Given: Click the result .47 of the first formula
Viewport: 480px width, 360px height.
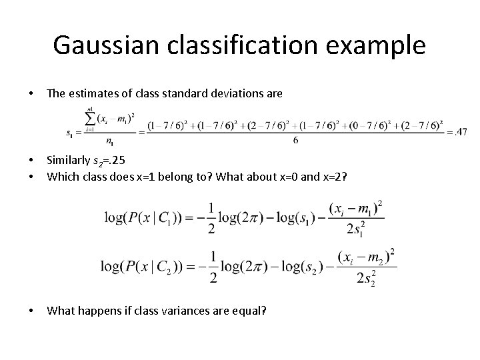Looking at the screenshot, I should (460, 131).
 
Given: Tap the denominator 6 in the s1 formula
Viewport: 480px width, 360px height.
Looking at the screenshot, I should (295, 141).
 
